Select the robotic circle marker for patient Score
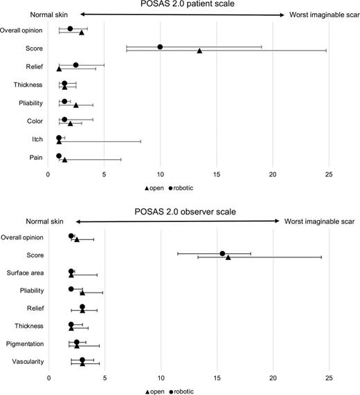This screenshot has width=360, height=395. (160, 47)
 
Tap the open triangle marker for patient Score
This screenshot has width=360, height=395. (199, 51)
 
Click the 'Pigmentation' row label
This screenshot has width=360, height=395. (26, 343)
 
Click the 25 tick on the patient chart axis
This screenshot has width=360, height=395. (329, 174)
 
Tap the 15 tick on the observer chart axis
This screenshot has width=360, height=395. (217, 378)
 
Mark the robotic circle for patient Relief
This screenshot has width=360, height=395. (75, 65)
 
